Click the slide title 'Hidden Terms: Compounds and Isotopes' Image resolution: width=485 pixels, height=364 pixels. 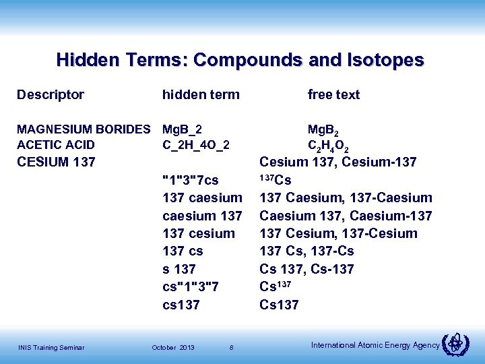coord(240,60)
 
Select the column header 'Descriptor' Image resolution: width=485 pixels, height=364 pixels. coord(51,95)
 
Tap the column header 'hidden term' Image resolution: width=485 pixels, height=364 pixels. coord(201,95)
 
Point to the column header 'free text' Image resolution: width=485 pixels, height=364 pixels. coord(333,95)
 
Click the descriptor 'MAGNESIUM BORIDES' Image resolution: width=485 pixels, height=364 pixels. coord(84,129)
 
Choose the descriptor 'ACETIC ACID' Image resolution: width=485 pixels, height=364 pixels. coord(56,145)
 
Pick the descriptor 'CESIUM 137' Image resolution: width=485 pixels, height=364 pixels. coord(56,162)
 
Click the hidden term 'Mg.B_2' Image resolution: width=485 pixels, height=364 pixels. coord(183,129)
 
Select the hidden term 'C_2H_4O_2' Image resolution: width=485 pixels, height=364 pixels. coord(196,145)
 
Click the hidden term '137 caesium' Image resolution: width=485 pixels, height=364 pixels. coord(202,198)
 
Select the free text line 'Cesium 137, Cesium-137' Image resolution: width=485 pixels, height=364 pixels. coord(338,162)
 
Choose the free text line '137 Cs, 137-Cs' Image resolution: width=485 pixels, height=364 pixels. coord(306,251)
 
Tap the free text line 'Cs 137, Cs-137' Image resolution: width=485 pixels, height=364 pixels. coord(306,269)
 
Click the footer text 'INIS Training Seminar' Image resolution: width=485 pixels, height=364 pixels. coord(51,347)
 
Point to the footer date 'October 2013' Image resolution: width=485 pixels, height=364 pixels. coord(173,347)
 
